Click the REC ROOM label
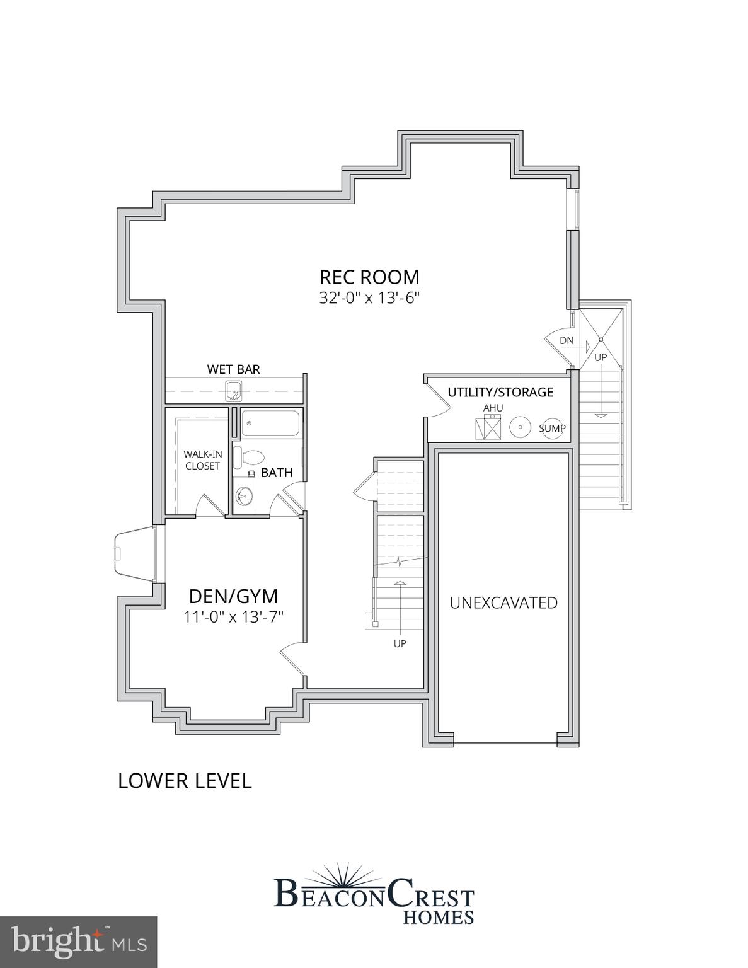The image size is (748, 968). click(369, 277)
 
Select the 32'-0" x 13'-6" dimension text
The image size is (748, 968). click(369, 298)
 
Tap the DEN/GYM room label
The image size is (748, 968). click(234, 596)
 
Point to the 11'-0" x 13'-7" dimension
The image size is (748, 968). click(234, 617)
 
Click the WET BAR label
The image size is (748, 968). click(233, 369)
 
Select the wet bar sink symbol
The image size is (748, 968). click(234, 391)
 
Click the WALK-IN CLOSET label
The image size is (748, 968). click(202, 460)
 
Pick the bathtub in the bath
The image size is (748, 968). click(272, 423)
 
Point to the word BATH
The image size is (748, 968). click(277, 473)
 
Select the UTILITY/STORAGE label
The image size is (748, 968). click(500, 392)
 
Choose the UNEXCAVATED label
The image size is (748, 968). click(503, 603)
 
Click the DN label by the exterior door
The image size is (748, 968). click(567, 340)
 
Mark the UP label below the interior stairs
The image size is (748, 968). click(400, 643)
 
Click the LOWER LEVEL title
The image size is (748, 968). click(185, 780)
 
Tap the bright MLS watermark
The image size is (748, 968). click(78, 942)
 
